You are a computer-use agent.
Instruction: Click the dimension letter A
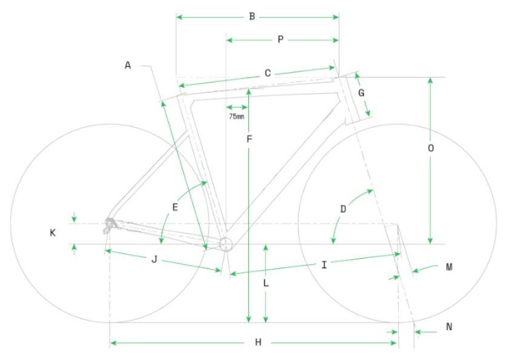(x=128, y=65)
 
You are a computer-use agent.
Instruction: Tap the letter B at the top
(x=252, y=16)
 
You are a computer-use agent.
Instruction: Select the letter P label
(x=281, y=40)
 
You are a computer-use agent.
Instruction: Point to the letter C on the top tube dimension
(x=267, y=73)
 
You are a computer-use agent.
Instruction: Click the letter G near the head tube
(x=361, y=93)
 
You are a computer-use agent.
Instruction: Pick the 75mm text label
(x=236, y=116)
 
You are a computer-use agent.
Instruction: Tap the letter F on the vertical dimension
(x=249, y=139)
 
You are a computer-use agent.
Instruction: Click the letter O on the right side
(x=431, y=148)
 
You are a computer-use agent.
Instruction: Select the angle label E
(x=175, y=207)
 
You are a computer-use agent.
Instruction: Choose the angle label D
(x=343, y=209)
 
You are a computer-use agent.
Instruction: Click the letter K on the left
(x=53, y=233)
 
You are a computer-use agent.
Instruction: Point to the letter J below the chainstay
(x=155, y=259)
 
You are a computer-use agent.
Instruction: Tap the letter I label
(x=324, y=265)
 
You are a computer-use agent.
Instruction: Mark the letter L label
(x=266, y=284)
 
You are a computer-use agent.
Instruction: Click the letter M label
(x=449, y=267)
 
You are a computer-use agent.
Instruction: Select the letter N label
(x=449, y=327)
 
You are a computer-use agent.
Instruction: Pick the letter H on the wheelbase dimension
(x=258, y=342)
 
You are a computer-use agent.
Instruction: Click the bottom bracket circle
(x=225, y=244)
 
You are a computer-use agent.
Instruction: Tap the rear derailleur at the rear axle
(x=110, y=225)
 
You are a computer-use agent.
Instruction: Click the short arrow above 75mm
(x=237, y=107)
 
